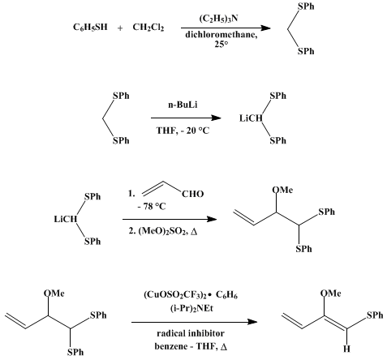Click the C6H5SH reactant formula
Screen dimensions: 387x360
coord(90,28)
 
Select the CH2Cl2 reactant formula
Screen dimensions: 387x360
coord(148,28)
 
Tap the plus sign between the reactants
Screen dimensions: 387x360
coord(120,28)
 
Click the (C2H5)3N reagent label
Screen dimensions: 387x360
coord(218,19)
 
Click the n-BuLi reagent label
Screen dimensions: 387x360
coord(183,105)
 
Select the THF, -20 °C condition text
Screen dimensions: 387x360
coord(183,131)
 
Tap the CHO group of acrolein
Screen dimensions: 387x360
coord(192,194)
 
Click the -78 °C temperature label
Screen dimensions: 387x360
coord(152,207)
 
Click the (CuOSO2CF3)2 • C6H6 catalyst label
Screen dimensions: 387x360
coord(191,295)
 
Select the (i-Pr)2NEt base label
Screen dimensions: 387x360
coord(191,308)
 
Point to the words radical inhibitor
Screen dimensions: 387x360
coord(191,333)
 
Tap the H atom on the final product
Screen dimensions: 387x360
coord(346,349)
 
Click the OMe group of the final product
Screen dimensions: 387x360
coord(330,294)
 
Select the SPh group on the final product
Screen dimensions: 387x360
coord(375,315)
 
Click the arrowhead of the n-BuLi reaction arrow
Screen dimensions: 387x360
coord(216,118)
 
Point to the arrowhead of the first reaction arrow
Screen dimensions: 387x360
coord(265,28)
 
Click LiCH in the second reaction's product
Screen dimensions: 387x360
coord(251,118)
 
